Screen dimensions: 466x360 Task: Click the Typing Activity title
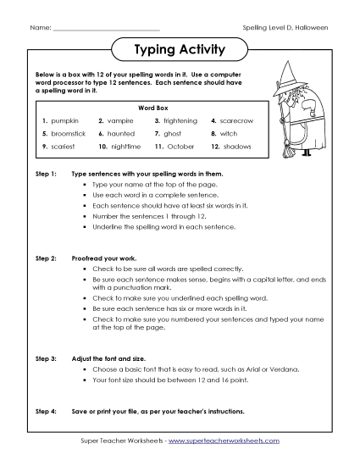[180, 50]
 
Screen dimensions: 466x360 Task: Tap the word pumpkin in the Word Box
[66, 121]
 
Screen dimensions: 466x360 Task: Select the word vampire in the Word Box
[121, 121]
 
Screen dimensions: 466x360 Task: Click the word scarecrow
[236, 121]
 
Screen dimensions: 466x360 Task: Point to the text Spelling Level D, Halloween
[286, 29]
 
